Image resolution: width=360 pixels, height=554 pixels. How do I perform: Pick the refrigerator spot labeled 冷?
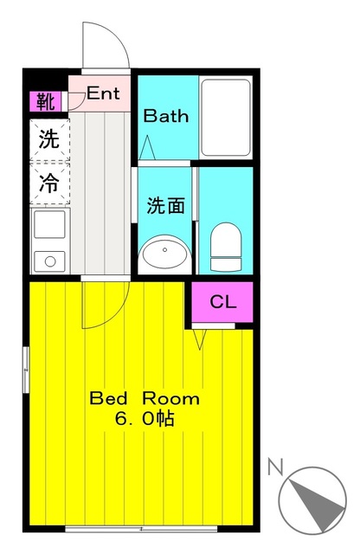coord(48,184)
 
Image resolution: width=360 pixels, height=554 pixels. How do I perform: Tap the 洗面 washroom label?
coord(165,206)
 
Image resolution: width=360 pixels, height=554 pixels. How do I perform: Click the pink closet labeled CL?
coord(222,302)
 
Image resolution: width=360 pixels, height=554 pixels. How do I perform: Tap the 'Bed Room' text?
coord(145,399)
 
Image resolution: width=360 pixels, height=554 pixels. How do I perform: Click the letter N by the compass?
coord(276,468)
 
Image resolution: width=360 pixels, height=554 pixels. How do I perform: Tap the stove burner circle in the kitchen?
coord(48,261)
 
